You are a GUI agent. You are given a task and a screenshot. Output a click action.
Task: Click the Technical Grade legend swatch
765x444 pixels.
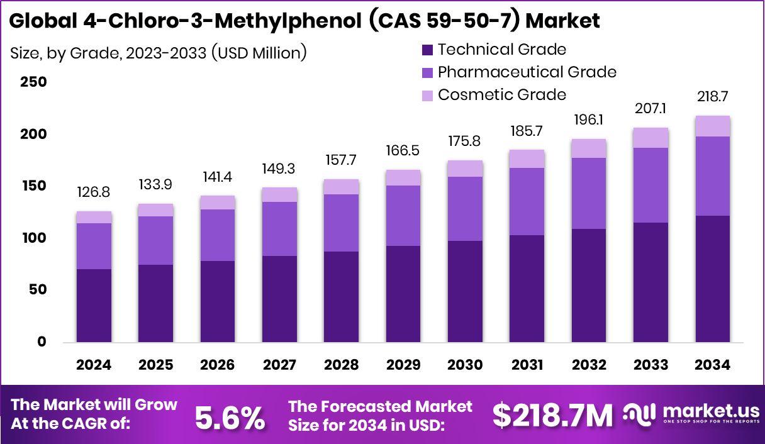[427, 50]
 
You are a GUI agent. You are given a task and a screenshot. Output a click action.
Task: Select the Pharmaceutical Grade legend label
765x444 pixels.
[527, 72]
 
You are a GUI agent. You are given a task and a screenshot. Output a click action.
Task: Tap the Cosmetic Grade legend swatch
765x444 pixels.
[427, 95]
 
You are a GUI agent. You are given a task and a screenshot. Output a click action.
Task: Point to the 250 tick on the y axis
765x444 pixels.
[33, 82]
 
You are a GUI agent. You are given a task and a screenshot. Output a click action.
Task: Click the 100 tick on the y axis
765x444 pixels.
[33, 238]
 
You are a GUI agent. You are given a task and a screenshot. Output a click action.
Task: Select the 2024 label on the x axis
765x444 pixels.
[94, 365]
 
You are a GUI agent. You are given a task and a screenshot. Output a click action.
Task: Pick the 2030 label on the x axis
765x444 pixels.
[466, 365]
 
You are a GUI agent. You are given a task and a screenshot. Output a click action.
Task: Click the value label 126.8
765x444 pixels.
[94, 191]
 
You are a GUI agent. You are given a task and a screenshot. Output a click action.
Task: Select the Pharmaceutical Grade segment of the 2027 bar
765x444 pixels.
[280, 229]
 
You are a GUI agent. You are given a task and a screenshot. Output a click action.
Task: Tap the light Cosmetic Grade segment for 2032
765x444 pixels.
[589, 148]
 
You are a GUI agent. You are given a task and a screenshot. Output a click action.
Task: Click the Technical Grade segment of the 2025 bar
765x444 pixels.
[156, 303]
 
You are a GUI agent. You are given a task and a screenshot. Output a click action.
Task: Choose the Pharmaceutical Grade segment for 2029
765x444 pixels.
[404, 216]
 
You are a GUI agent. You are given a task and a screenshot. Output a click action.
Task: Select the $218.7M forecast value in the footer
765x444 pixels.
[552, 416]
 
